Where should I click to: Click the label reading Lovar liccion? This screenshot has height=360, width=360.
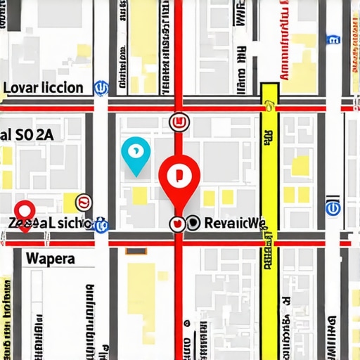44,88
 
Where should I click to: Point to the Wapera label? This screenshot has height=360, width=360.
50,257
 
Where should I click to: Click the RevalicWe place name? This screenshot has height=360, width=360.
234,224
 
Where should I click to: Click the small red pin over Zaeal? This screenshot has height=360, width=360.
25,210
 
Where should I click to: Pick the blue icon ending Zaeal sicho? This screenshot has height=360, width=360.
100,224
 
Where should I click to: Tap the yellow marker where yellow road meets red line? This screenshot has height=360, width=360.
268,107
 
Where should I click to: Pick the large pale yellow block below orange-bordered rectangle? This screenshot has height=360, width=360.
150,295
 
